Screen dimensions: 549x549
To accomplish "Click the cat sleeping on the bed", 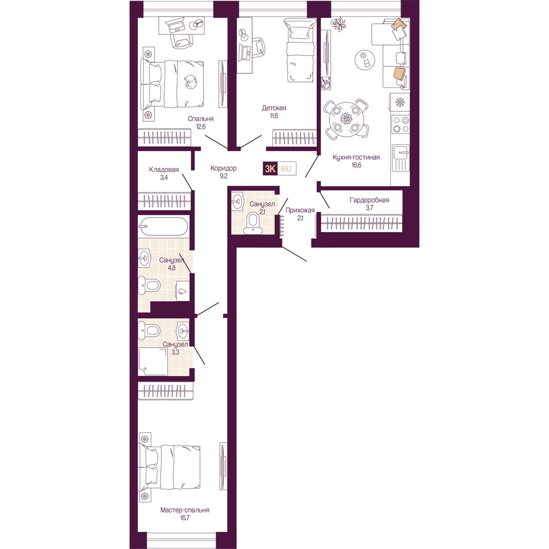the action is pyautogui.click(x=190, y=82).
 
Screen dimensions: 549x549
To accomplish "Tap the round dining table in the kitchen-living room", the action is pyautogui.click(x=346, y=118).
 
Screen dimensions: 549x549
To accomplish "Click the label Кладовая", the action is pyautogui.click(x=164, y=170).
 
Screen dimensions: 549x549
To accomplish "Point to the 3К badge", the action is pyautogui.click(x=270, y=169).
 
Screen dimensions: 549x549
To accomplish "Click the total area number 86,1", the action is pyautogui.click(x=286, y=169).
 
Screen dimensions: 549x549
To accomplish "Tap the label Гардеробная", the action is pyautogui.click(x=369, y=201).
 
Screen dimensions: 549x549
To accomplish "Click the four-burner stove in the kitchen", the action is pyautogui.click(x=400, y=124).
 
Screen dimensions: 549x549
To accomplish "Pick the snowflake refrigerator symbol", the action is pyautogui.click(x=400, y=102).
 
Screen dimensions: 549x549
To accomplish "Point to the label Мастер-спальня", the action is pyautogui.click(x=185, y=510).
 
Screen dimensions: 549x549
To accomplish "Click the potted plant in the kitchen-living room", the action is pyautogui.click(x=339, y=25).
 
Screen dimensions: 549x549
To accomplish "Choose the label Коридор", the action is pyautogui.click(x=224, y=168).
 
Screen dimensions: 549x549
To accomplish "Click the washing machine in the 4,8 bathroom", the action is pyautogui.click(x=182, y=291).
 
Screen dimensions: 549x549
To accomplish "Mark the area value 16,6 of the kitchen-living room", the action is pyautogui.click(x=357, y=165).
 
